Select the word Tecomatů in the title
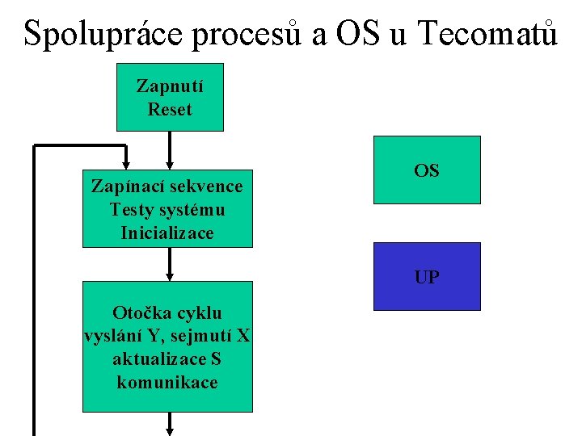click(488, 33)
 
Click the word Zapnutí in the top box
click(170, 86)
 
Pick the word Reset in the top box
click(170, 109)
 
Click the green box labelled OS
click(427, 170)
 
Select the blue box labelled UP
click(427, 277)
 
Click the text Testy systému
click(167, 210)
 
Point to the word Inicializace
click(167, 233)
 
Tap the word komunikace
click(167, 383)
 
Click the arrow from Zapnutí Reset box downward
click(170, 150)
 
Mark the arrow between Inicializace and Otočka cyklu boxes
click(170, 264)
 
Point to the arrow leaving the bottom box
click(170, 425)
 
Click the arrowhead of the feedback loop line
click(126, 160)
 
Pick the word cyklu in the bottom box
click(200, 313)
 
